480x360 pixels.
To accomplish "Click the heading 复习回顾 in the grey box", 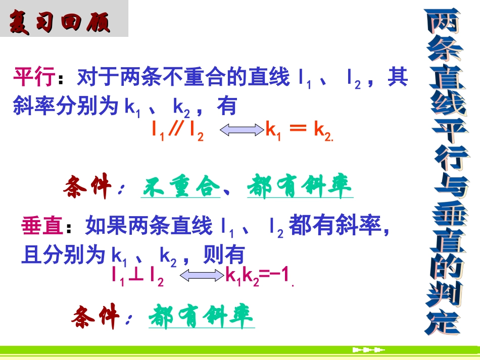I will pos(60,21).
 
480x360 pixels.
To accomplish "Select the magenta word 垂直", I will pos(42,226).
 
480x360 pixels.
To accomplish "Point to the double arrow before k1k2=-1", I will pos(201,275).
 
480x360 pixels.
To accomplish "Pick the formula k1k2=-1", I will pos(258,275).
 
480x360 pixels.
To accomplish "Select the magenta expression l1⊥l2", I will pos(138,275).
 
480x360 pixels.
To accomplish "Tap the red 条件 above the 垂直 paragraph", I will pos(87,188).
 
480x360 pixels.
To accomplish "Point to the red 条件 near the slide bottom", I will pos(96,317).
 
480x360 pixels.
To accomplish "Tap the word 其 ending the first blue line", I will pos(398,78).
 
